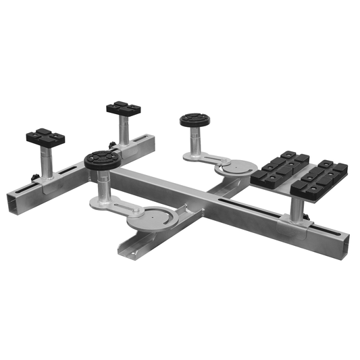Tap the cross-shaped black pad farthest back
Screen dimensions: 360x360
123,107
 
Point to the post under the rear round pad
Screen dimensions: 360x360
195,143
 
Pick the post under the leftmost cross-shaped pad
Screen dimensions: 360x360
45,165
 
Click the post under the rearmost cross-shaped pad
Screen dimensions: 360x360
124,129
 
